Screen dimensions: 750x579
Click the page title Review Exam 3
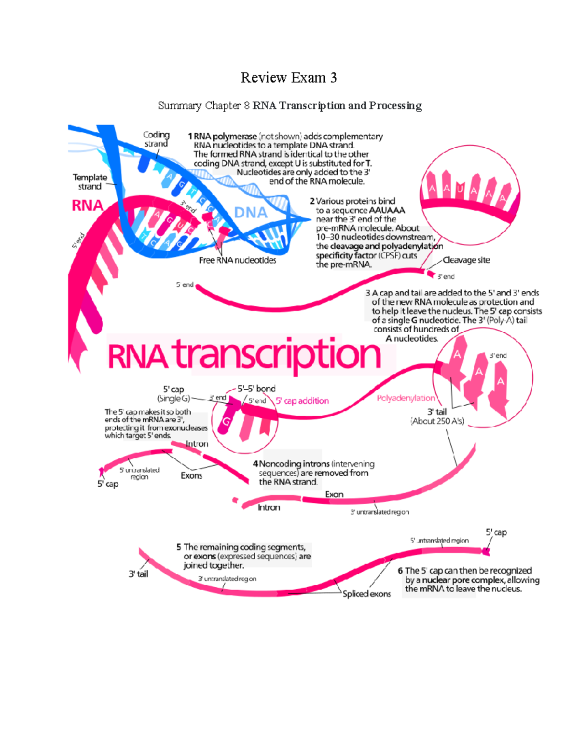(x=289, y=78)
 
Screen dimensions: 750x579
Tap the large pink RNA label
(x=87, y=206)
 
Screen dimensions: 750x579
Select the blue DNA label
(x=250, y=212)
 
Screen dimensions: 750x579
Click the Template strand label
(x=90, y=182)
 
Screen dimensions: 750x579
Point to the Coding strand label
(x=156, y=139)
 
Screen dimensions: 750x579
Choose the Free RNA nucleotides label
(x=237, y=260)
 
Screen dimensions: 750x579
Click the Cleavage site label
(x=466, y=260)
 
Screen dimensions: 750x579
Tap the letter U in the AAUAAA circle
(x=459, y=189)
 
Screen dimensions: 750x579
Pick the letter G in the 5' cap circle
(x=226, y=422)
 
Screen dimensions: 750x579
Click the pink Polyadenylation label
(x=406, y=398)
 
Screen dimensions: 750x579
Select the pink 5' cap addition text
(x=302, y=401)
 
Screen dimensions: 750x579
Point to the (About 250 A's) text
(x=437, y=421)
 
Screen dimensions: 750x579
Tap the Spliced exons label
(x=367, y=594)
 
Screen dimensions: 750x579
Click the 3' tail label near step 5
(x=138, y=574)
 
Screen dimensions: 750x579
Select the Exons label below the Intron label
(x=191, y=476)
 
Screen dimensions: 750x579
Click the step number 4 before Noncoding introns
(x=255, y=464)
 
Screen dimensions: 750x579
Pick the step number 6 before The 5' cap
(x=400, y=571)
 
